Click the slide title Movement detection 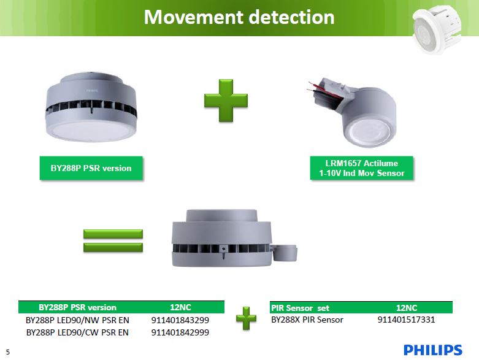[239, 17]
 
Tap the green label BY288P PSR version [90, 168]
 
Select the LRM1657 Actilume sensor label [361, 169]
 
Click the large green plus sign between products [226, 100]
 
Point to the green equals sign [112, 240]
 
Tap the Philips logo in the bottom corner [432, 350]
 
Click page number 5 [8, 352]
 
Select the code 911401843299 [180, 320]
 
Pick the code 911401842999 [180, 332]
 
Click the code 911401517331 [407, 320]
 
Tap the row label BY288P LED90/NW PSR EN [77, 320]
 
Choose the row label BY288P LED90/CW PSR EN [77, 332]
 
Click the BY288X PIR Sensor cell [307, 320]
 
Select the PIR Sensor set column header [300, 308]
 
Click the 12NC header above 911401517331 [407, 308]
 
